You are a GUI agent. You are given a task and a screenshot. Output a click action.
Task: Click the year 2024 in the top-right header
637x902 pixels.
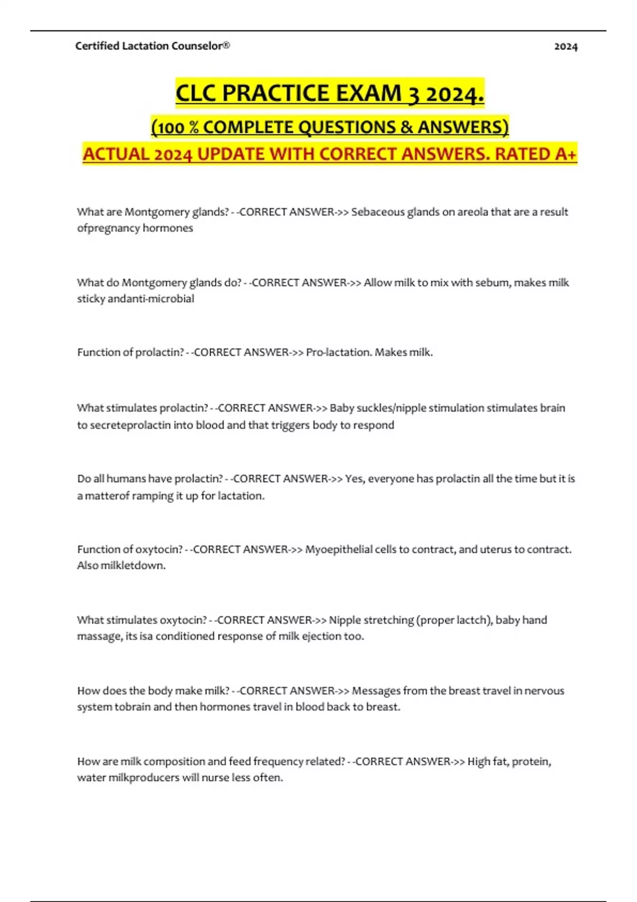click(565, 47)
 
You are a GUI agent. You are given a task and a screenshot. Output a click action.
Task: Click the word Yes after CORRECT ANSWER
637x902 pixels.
click(355, 479)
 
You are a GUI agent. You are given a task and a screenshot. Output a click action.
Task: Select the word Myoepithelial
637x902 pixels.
click(339, 549)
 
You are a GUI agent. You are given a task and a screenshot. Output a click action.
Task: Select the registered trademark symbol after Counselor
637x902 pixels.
click(227, 46)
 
